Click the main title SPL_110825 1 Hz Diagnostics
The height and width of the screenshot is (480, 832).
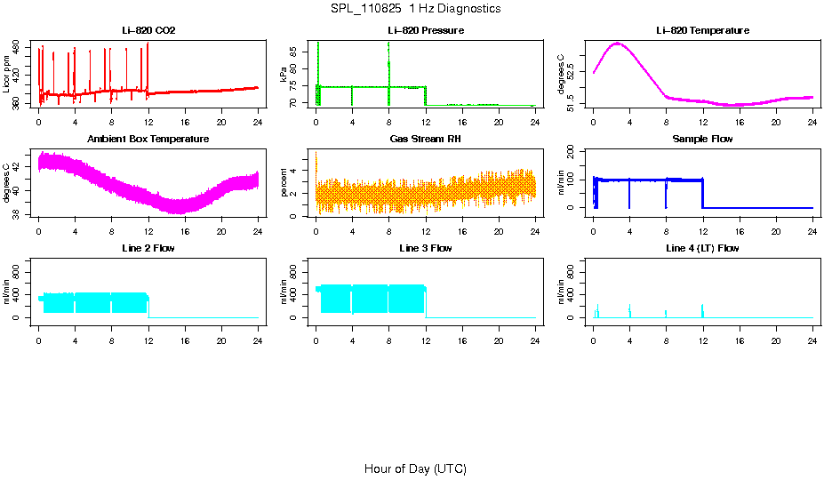(x=415, y=9)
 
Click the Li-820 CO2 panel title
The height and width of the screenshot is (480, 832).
(x=148, y=31)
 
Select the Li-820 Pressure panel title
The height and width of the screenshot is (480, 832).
(x=425, y=31)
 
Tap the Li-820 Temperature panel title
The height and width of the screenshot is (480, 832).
(x=702, y=31)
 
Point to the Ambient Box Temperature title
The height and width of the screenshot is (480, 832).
(x=148, y=140)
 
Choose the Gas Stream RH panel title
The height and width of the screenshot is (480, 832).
(x=425, y=140)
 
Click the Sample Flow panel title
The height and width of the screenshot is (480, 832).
(x=702, y=140)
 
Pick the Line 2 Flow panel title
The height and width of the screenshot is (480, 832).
(x=148, y=248)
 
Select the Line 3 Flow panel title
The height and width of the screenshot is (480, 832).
(x=425, y=248)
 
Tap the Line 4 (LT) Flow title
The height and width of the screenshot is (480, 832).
(x=702, y=248)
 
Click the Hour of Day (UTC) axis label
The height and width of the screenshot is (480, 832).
(x=415, y=468)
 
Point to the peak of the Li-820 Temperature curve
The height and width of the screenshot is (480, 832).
(x=618, y=43)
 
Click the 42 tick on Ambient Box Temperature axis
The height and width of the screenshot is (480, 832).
(x=17, y=165)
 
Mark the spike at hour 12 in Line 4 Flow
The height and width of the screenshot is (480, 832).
(x=702, y=308)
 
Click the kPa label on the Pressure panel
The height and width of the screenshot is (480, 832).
(x=284, y=77)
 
